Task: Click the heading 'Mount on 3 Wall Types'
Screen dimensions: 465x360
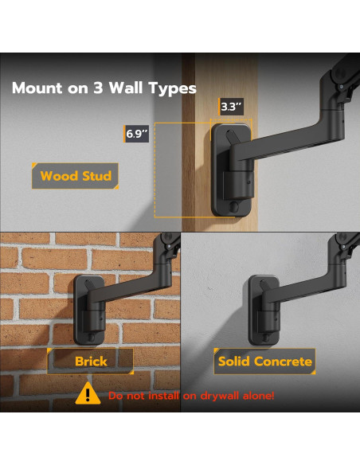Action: (x=104, y=88)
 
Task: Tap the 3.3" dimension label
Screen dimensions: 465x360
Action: (x=230, y=106)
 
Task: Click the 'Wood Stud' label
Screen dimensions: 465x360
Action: (x=76, y=176)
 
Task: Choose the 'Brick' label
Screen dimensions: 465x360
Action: (x=90, y=361)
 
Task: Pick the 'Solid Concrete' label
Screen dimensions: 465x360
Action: (x=264, y=361)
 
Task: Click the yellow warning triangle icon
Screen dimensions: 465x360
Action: (x=88, y=393)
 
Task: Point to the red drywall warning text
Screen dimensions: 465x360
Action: (x=191, y=396)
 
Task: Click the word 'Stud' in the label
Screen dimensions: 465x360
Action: (x=96, y=176)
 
